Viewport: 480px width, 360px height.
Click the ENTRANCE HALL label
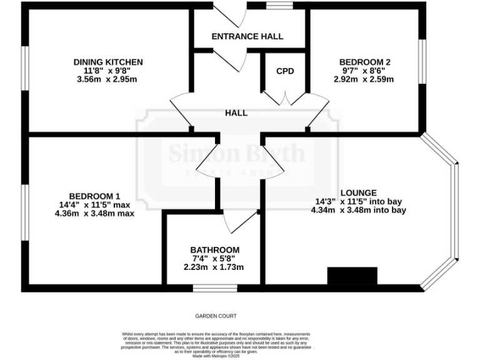click(x=247, y=36)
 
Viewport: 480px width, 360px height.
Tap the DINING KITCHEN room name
click(x=108, y=62)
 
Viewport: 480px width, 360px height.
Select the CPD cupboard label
click(x=285, y=71)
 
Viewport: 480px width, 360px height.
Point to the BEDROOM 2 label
click(x=365, y=62)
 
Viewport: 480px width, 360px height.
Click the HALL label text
click(x=236, y=113)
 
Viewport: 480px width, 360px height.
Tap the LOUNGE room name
click(x=358, y=192)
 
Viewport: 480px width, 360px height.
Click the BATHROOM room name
click(x=214, y=250)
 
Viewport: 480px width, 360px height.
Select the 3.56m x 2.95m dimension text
click(x=107, y=79)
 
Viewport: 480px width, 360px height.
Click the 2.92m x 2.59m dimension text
click(x=364, y=79)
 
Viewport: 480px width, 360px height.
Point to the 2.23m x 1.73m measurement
click(x=213, y=267)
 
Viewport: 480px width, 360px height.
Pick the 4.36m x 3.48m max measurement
click(x=94, y=212)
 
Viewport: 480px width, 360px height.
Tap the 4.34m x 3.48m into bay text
click(x=358, y=210)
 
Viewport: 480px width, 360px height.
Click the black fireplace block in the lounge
click(x=352, y=276)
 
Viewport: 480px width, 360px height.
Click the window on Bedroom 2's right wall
click(x=422, y=61)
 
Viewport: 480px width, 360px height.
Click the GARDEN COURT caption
click(x=216, y=316)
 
